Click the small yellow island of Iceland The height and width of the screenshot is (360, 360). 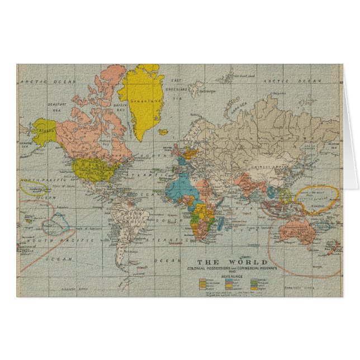163,132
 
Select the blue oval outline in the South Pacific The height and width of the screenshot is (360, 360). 56,224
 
